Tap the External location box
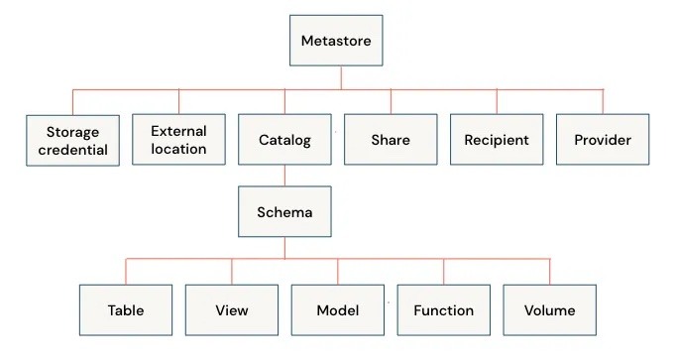click(178, 140)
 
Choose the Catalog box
click(284, 140)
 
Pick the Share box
click(391, 140)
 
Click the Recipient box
click(497, 140)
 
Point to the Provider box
click(603, 140)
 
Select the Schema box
click(285, 211)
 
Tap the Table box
click(126, 309)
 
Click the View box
click(232, 309)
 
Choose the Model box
click(337, 309)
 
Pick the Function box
click(443, 309)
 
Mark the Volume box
click(550, 309)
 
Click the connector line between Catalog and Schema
click(285, 177)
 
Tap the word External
click(178, 130)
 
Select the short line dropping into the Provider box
click(603, 102)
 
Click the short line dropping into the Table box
click(126, 272)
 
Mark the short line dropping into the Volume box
click(550, 272)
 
